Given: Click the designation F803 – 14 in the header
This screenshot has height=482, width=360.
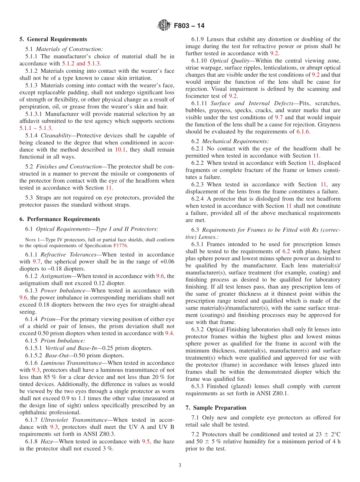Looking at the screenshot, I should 189,26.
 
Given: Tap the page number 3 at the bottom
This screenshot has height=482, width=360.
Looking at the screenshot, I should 180,465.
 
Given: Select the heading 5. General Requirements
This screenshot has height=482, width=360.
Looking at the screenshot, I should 53,39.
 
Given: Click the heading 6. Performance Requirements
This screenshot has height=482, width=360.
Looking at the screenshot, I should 60,219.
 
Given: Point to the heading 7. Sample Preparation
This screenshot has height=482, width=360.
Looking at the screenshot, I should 216,408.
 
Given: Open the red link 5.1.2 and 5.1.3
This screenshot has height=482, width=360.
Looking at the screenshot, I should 81,63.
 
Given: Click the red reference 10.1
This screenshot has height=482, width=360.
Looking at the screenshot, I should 119,150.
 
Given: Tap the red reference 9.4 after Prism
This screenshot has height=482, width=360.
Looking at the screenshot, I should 169,333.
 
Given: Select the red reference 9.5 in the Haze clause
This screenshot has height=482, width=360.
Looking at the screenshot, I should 146,441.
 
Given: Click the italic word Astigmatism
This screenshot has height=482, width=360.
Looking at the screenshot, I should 56,276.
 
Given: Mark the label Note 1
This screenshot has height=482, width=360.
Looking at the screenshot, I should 31,240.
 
